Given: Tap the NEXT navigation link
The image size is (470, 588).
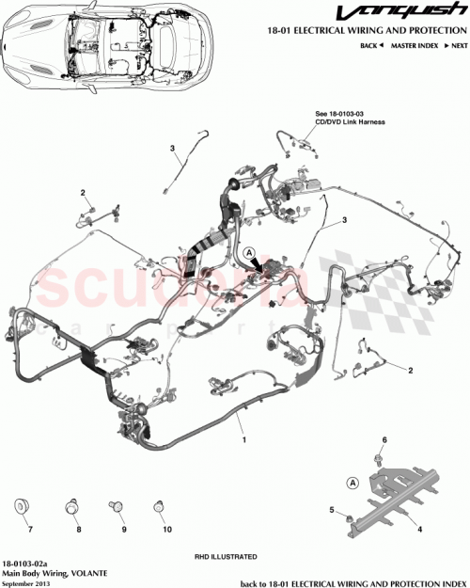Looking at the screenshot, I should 458,45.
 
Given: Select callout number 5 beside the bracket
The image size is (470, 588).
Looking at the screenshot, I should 332,509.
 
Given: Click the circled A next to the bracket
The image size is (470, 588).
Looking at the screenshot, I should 353,482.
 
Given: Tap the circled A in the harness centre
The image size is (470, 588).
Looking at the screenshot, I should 249,253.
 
